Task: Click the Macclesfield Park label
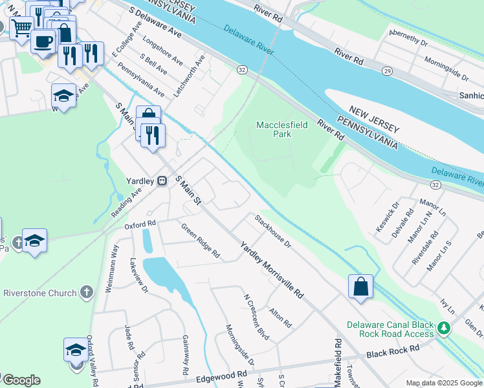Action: pyautogui.click(x=282, y=129)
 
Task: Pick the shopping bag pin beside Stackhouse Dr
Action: pyautogui.click(x=360, y=286)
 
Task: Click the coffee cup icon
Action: pyautogui.click(x=43, y=41)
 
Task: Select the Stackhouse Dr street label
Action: pyautogui.click(x=272, y=231)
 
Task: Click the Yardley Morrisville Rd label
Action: pyautogui.click(x=271, y=270)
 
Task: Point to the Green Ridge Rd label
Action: pyautogui.click(x=200, y=241)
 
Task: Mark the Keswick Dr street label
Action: pyautogui.click(x=385, y=221)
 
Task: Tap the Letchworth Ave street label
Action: pyautogui.click(x=192, y=73)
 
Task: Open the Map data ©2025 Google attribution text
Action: pyautogui.click(x=444, y=383)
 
